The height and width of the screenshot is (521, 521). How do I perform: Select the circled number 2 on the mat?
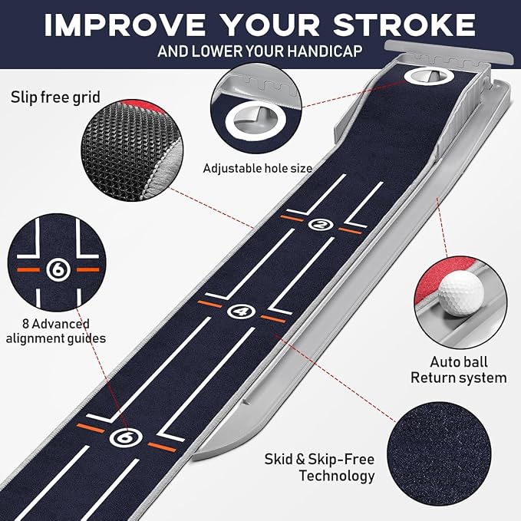point(319,224)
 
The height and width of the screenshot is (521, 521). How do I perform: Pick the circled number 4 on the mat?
point(239,311)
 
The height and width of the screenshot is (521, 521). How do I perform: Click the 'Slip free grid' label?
point(54,97)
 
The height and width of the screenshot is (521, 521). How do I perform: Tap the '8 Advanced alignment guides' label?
point(56,331)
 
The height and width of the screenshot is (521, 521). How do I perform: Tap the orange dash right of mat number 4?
point(272,317)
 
